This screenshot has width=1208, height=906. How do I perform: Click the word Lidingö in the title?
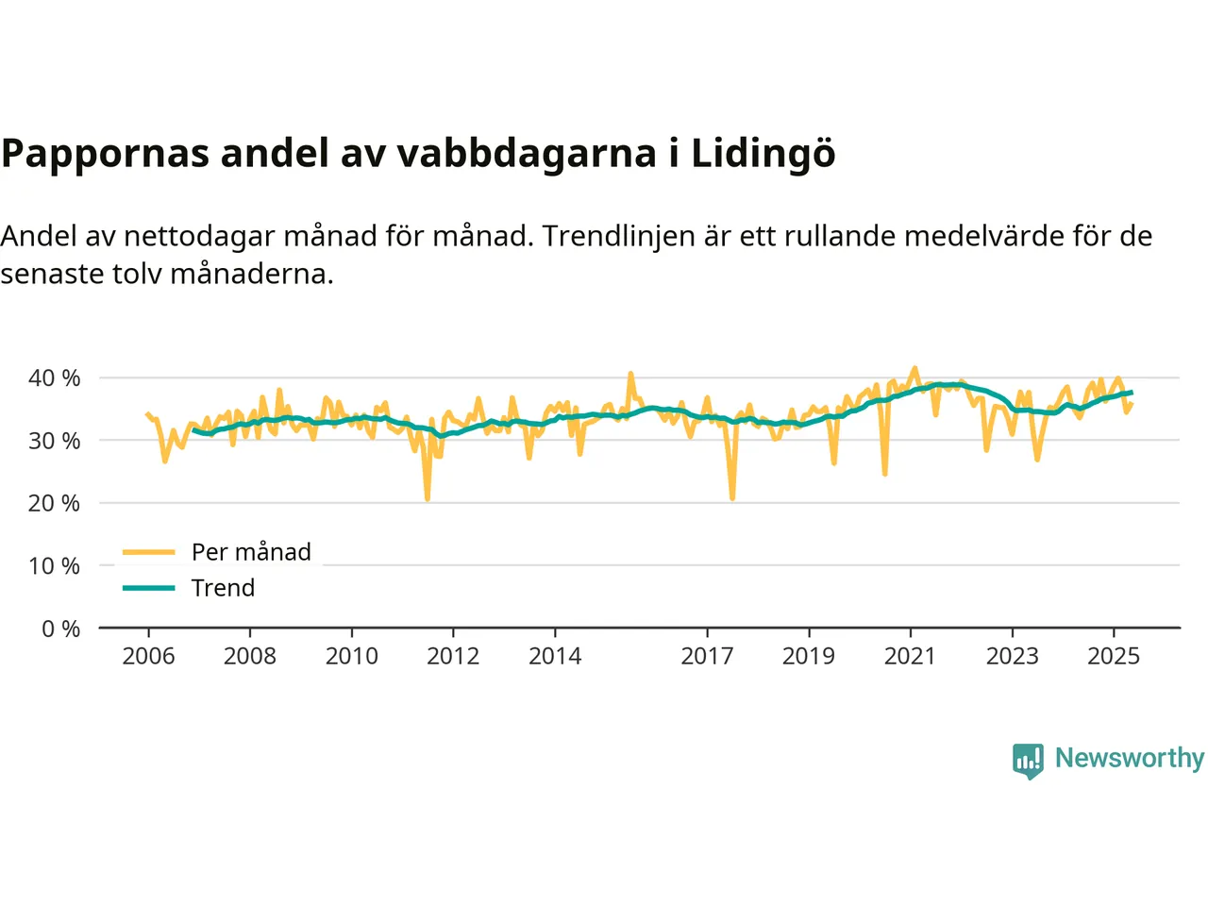tap(763, 154)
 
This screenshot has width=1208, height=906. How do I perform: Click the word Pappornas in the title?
tap(105, 154)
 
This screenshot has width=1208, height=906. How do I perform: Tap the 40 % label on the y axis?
tap(55, 378)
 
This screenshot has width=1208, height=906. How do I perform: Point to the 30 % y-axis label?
tap(55, 441)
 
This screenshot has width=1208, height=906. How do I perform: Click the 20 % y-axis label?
tap(55, 504)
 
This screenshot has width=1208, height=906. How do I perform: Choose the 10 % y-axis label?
tap(55, 566)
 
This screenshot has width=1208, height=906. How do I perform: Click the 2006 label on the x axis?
tap(148, 656)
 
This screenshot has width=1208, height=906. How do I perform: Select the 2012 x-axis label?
tap(453, 656)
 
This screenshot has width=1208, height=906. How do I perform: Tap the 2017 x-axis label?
tap(707, 656)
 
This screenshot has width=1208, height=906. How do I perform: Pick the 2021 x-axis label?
tap(910, 656)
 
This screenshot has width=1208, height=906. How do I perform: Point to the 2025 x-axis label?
tap(1114, 656)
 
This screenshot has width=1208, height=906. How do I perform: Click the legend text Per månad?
tap(251, 552)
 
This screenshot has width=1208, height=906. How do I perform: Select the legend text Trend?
tap(223, 588)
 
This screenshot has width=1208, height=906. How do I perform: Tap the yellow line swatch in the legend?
tap(149, 552)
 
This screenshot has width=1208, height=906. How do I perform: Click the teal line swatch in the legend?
tap(149, 588)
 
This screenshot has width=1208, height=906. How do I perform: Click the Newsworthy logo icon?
tap(1028, 760)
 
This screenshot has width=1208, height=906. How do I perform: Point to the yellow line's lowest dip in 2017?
tap(732, 497)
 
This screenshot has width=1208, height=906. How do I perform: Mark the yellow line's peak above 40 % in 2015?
tap(630, 374)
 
